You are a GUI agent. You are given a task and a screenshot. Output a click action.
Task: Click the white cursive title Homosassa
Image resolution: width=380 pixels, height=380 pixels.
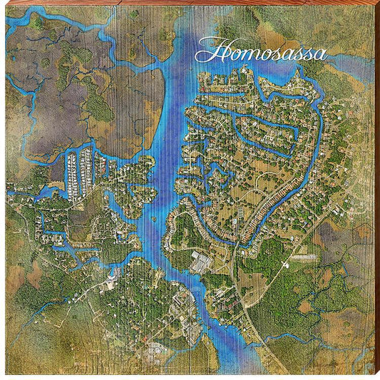tap(261, 52)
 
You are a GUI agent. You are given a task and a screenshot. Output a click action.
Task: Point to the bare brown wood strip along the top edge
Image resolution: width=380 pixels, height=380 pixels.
tap(190, 3)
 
